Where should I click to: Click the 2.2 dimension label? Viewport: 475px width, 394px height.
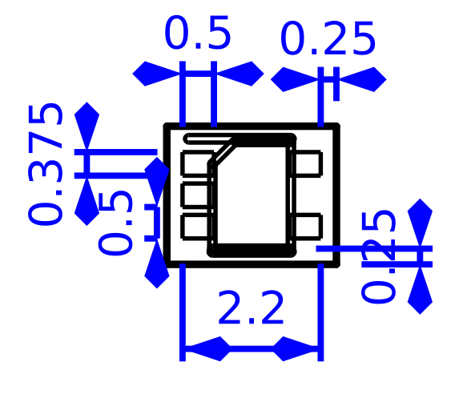coord(251,309)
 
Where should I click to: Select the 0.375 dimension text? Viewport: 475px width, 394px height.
coord(46,163)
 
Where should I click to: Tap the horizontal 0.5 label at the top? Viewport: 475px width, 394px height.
coord(197,35)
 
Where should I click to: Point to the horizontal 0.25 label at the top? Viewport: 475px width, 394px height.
coord(328,39)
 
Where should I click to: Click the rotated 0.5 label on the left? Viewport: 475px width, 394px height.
coord(118,223)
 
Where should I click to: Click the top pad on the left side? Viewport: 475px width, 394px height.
coord(195,163)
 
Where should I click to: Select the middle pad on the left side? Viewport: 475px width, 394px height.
coord(195,195)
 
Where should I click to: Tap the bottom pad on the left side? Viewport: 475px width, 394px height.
coord(195,226)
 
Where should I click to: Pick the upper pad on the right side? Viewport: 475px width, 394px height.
coord(306,163)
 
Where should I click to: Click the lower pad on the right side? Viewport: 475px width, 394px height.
coord(306,226)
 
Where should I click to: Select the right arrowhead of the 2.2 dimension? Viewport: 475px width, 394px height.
coord(297,349)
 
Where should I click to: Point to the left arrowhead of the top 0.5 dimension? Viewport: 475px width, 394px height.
coord(157,74)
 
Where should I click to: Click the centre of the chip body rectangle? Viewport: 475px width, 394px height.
coord(252,195)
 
